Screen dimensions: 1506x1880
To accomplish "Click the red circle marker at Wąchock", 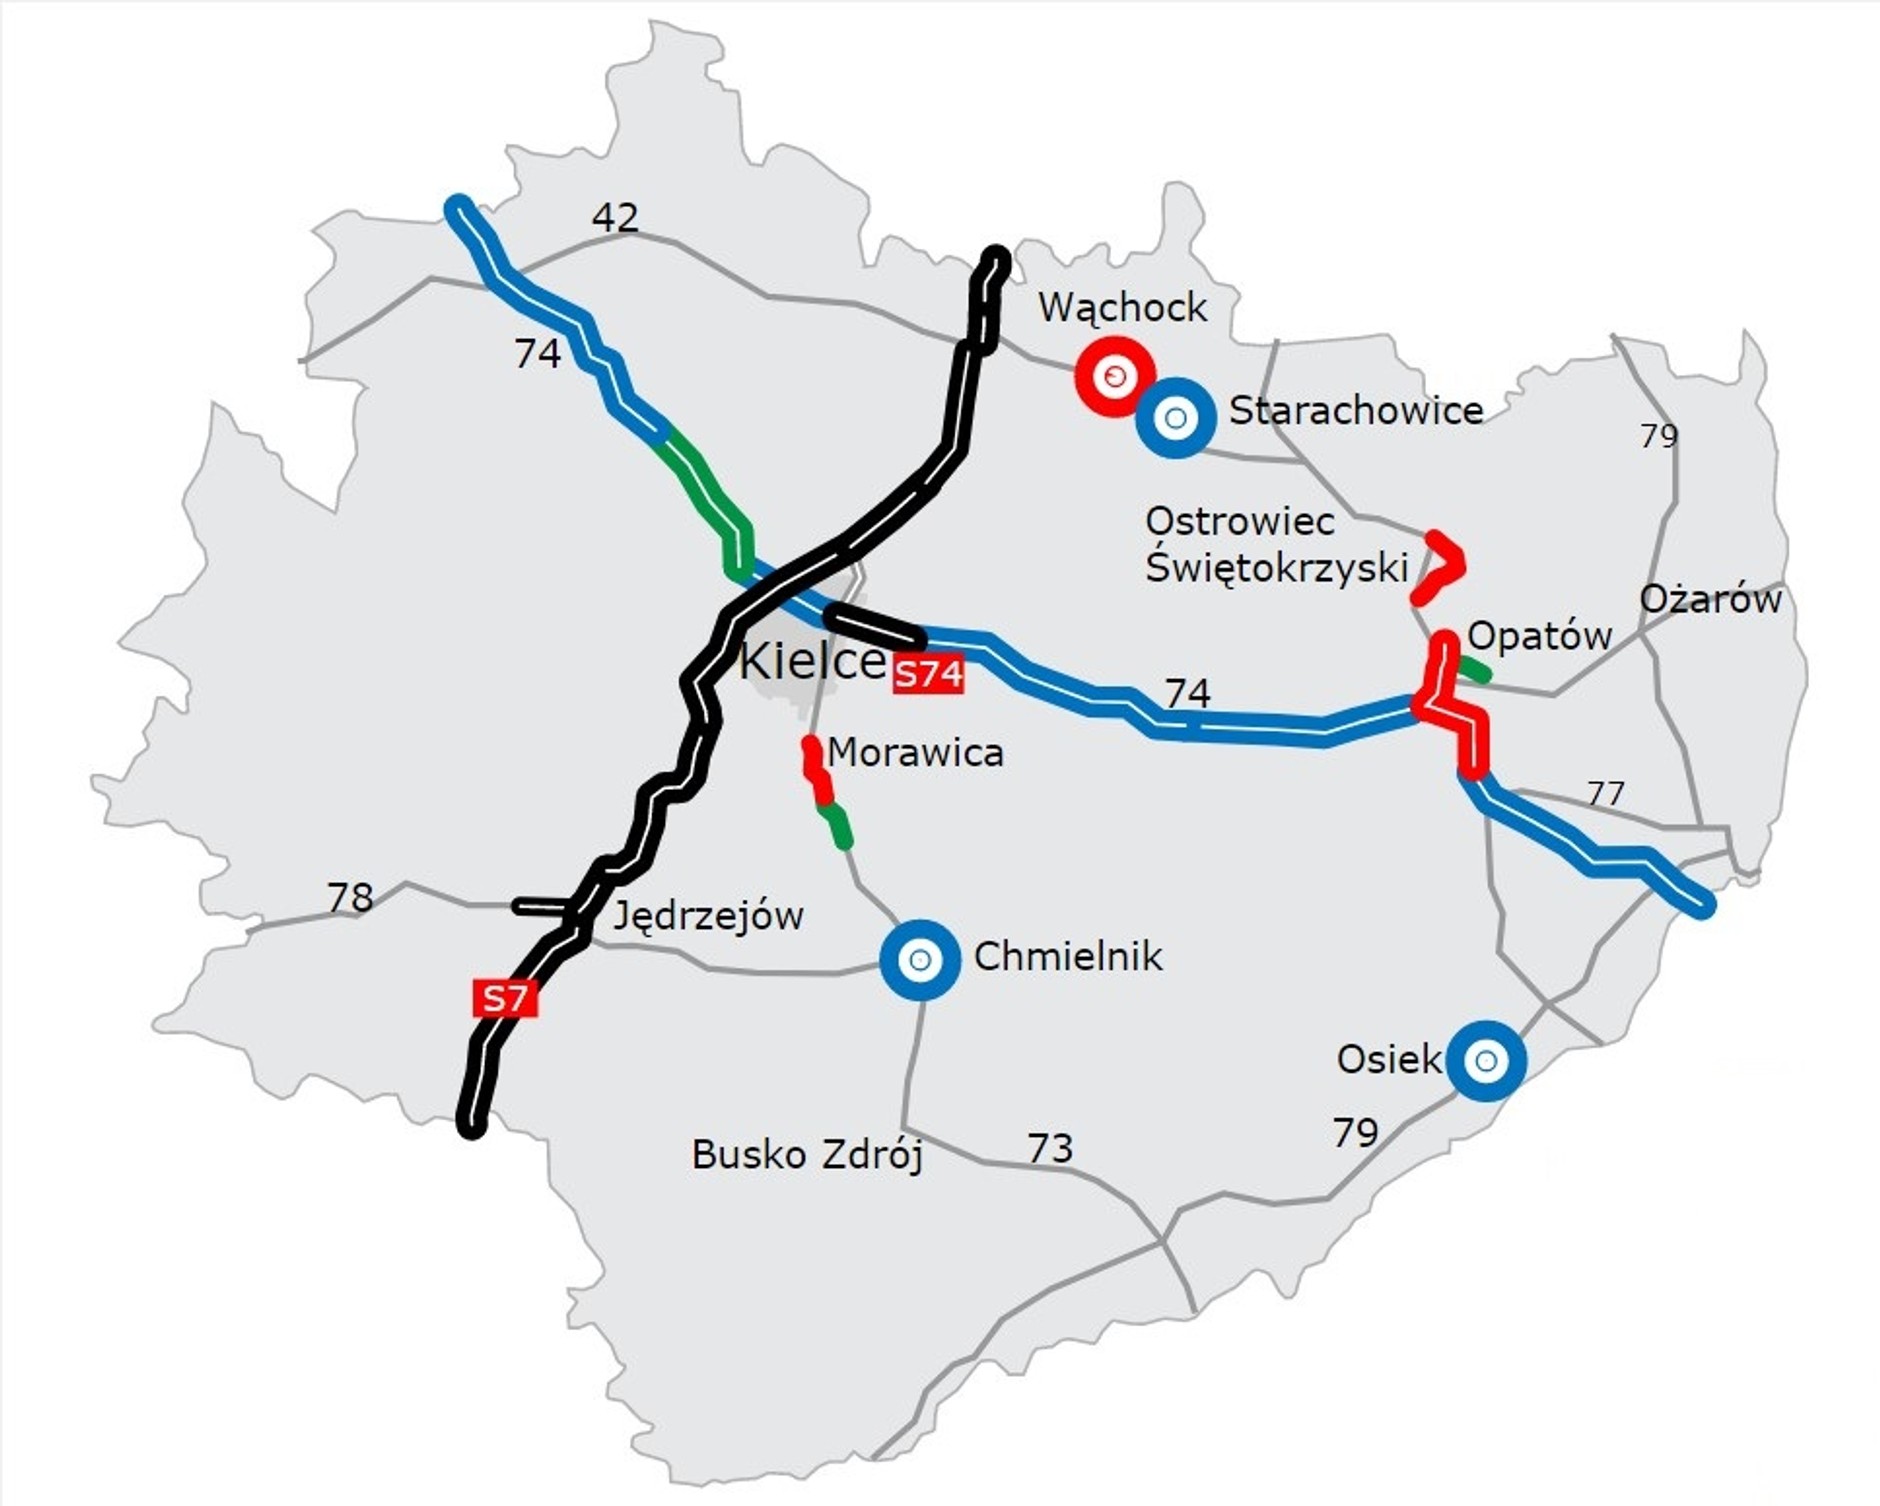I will tap(1114, 376).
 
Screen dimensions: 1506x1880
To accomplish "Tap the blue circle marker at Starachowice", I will tap(1176, 417).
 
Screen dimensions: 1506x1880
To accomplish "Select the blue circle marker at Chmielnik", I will tap(920, 959).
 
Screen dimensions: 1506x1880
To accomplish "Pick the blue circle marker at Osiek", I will tap(1486, 1060).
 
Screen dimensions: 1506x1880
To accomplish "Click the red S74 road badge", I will tap(929, 675).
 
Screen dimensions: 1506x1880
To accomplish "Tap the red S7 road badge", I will tap(505, 998).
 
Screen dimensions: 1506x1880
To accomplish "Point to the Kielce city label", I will tap(812, 661).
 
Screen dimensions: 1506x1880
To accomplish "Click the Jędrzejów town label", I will tap(708, 915).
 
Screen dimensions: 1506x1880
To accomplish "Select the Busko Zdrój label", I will tap(807, 1154).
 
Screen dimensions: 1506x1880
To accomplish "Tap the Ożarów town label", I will tap(1710, 599).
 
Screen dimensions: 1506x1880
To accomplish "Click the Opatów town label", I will tap(1540, 635).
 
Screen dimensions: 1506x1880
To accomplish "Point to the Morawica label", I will tap(915, 752).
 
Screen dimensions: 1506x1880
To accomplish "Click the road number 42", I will tap(615, 217).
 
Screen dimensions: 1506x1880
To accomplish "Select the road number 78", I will tap(350, 897).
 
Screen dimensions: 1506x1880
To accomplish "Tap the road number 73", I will tap(1050, 1148).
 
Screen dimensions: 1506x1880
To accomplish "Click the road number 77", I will tap(1606, 793).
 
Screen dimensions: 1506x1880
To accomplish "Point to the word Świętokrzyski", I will tap(1276, 567).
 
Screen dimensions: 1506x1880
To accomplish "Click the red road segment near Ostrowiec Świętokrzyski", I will tap(1442, 565).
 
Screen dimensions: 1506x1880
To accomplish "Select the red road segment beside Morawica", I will tap(816, 770).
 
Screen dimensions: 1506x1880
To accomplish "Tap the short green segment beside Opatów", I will tap(1473, 669).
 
